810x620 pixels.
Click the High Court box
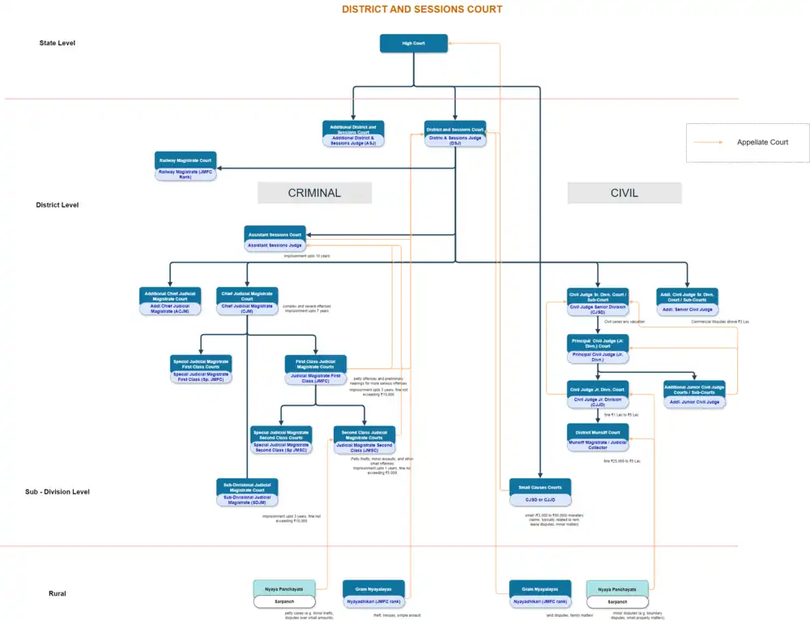[x=413, y=44]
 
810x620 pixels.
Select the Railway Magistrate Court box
[x=185, y=165]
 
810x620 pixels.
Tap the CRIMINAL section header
[x=314, y=193]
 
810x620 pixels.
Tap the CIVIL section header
[x=624, y=193]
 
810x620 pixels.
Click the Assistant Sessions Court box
[x=275, y=239]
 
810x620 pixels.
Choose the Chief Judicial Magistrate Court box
[x=247, y=301]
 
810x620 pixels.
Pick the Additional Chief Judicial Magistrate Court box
[x=169, y=301]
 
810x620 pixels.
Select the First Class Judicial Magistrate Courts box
[x=315, y=369]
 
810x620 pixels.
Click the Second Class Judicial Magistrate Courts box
[x=364, y=439]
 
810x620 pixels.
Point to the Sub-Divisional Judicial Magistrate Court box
[x=247, y=492]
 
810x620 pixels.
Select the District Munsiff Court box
[x=598, y=437]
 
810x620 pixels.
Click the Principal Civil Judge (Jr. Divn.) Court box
[x=598, y=346]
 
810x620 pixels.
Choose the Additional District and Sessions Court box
[x=353, y=134]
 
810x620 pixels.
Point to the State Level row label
[x=57, y=43]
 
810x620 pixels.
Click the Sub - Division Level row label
[x=57, y=492]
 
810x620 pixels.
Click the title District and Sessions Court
[x=421, y=10]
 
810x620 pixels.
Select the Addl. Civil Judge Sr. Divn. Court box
[x=687, y=301]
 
